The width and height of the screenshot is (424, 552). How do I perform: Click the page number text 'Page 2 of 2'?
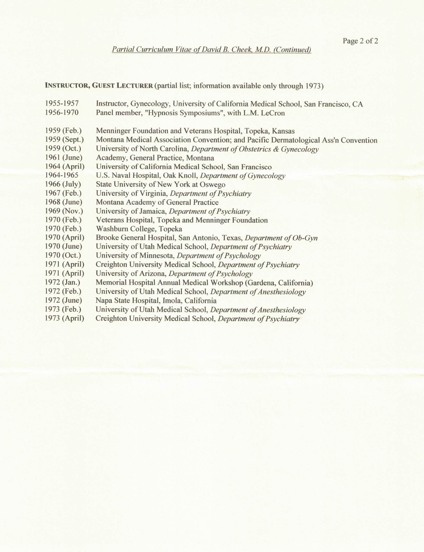coord(360,41)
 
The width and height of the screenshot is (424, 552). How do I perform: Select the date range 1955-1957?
coord(62,104)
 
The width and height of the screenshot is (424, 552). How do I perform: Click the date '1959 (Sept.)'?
coord(64,140)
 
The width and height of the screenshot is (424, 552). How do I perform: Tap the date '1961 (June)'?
coord(64,158)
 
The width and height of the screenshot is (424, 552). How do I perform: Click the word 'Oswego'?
coord(214,185)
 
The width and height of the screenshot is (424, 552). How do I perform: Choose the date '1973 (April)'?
coord(64,318)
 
